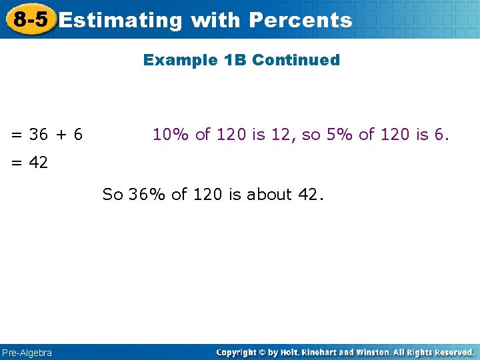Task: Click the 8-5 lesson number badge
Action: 31,19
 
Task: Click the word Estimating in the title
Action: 120,20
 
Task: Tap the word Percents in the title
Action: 300,20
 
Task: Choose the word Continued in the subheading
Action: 296,60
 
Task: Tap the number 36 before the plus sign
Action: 39,135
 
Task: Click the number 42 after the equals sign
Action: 39,162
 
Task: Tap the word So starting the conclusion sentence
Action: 113,195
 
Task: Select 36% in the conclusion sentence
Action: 147,195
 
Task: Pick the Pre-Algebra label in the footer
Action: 27,352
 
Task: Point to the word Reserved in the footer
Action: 451,352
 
